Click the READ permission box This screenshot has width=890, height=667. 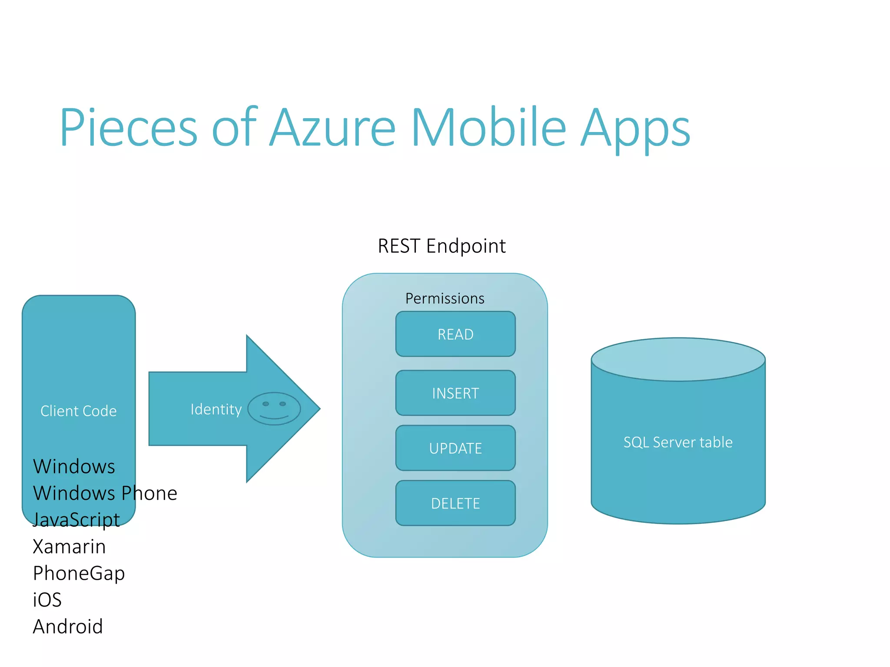pos(455,334)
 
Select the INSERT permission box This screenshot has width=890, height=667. pos(455,393)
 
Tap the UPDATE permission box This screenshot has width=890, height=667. pos(455,448)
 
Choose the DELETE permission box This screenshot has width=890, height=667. pos(455,503)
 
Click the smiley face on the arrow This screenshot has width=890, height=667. pos(274,409)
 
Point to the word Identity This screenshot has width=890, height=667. pos(216,409)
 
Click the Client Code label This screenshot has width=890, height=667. pos(79,411)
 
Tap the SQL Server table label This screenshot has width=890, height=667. pos(678,442)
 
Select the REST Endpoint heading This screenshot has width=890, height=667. pos(442,246)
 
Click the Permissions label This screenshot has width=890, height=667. pos(445,299)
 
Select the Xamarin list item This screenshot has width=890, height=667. pos(70,547)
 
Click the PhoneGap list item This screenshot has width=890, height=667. pos(79,574)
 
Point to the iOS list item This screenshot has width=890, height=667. pos(47,600)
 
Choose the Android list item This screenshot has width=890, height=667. pos(68,627)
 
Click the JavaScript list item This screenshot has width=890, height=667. pos(76,520)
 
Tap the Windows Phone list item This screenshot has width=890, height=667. pos(105,493)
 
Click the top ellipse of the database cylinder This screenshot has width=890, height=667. pos(678,360)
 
